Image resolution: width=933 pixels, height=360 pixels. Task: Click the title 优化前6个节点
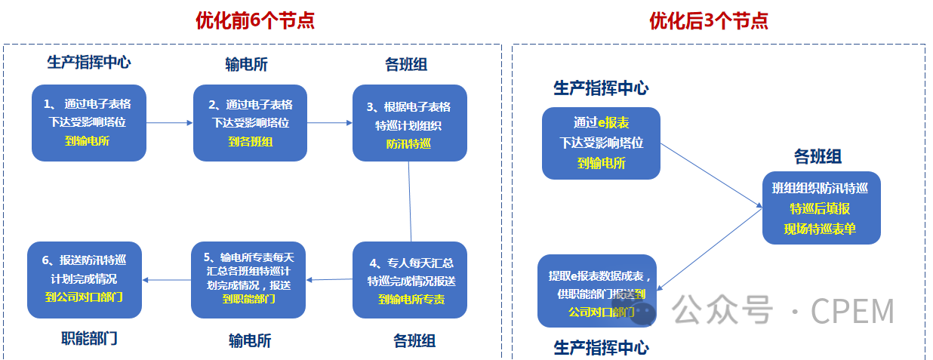point(254,20)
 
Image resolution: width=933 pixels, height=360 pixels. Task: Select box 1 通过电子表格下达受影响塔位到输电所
point(89,122)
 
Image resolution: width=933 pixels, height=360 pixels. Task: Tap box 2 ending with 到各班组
point(250,122)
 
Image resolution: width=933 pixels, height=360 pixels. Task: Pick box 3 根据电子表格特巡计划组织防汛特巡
point(410,122)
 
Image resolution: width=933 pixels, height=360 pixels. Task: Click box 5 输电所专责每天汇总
point(248,279)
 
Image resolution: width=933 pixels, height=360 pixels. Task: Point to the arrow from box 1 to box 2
point(169,122)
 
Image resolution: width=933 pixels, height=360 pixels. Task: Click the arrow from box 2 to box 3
point(330,122)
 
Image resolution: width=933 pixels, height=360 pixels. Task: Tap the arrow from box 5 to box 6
point(167,280)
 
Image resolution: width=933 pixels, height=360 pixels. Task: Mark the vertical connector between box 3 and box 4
point(410,201)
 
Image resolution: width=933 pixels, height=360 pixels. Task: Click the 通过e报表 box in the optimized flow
point(601,143)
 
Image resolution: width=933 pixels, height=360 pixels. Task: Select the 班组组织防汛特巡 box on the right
point(821,208)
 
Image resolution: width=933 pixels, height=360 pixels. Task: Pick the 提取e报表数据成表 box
point(596,291)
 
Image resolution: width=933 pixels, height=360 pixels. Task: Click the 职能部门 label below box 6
point(89,338)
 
